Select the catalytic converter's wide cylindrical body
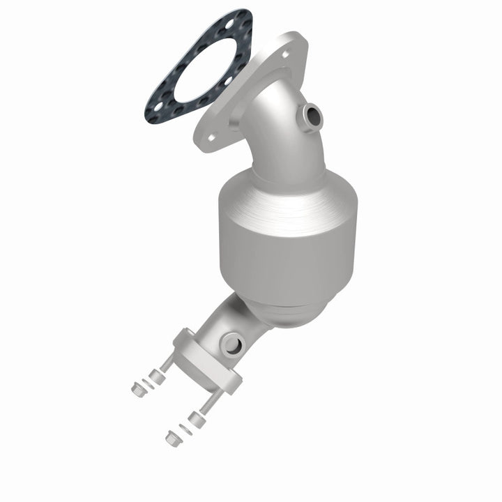pos(286,230)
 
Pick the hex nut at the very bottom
pos(172,439)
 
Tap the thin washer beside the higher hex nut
pos(147,383)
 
